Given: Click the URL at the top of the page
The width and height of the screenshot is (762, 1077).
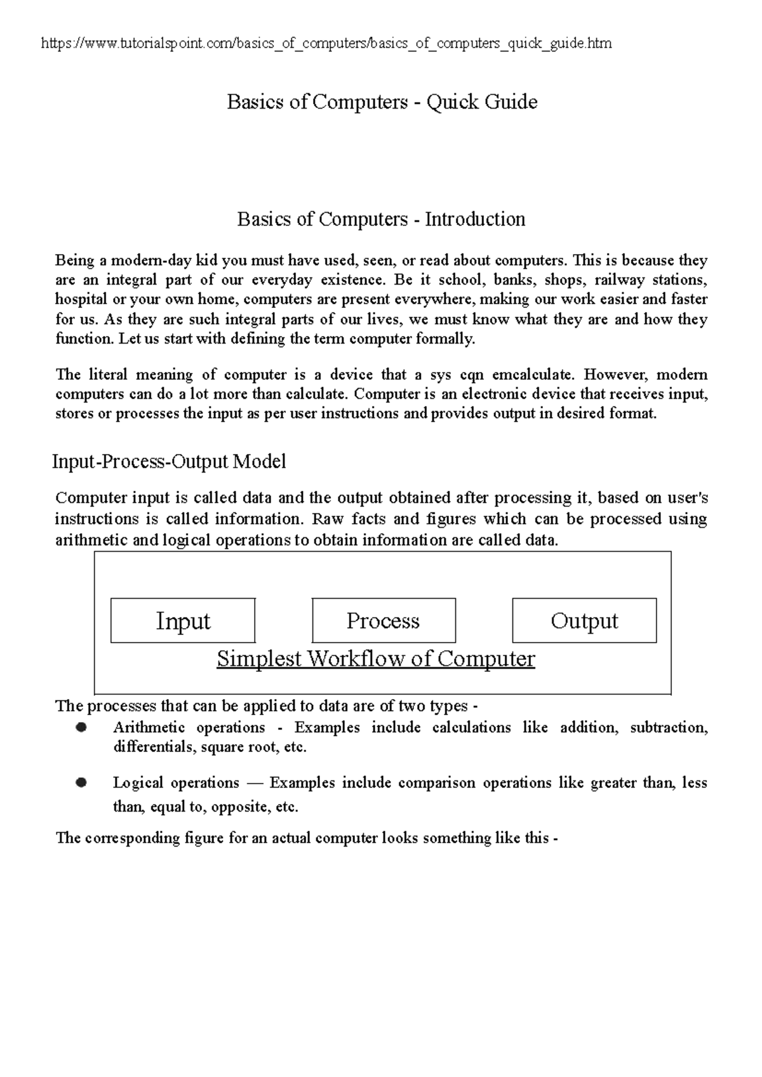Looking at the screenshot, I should pyautogui.click(x=326, y=43).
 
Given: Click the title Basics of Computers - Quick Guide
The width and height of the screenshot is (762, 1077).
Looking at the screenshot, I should pyautogui.click(x=382, y=102).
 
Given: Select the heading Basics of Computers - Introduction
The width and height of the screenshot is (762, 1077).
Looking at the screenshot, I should pyautogui.click(x=381, y=219).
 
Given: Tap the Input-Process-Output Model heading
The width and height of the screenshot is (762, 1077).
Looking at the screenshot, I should pyautogui.click(x=168, y=461).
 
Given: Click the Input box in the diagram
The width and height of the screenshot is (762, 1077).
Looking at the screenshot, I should pyautogui.click(x=183, y=620).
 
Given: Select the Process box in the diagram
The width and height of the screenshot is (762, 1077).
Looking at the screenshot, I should pyautogui.click(x=384, y=620).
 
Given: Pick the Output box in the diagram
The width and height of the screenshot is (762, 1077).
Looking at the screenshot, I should pyautogui.click(x=584, y=620).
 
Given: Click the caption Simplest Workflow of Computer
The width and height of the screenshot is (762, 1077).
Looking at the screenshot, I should pyautogui.click(x=376, y=659).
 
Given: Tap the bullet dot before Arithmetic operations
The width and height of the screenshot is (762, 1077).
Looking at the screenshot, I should pyautogui.click(x=81, y=728).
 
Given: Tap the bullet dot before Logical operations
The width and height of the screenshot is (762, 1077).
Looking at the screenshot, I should pyautogui.click(x=81, y=783).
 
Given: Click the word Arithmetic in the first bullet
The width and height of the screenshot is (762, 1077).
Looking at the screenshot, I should pyautogui.click(x=149, y=728).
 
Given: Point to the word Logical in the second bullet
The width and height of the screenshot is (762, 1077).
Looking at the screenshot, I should pyautogui.click(x=137, y=783).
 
